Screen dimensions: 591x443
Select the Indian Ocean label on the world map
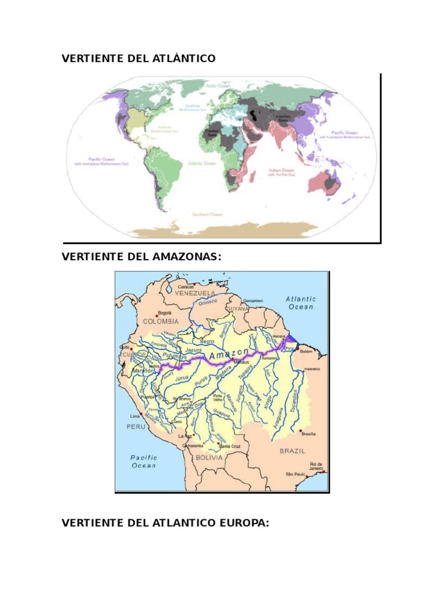coord(281,171)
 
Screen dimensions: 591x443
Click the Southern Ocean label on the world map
coord(207,215)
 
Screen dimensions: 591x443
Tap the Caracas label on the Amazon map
coord(186,286)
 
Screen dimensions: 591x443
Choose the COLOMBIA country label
coord(161,321)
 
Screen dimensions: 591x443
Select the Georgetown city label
coord(253,301)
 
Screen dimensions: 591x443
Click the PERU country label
coord(136,427)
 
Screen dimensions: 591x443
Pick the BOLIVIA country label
coord(208,457)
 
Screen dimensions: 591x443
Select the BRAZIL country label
coord(292,451)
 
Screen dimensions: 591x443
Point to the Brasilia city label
coord(308,433)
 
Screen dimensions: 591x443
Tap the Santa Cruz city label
coord(230,446)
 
